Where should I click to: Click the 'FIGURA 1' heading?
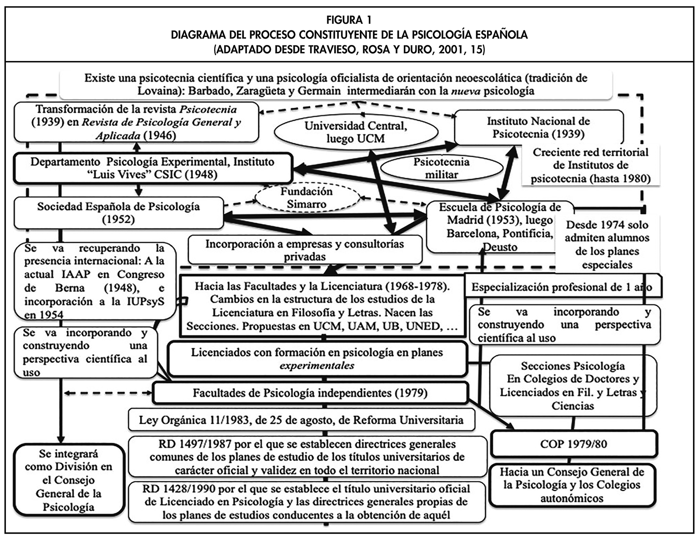coord(349,20)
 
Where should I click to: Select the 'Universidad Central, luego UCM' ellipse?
coord(356,132)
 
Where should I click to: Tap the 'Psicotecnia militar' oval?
coord(441,168)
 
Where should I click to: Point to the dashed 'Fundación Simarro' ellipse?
coord(306,198)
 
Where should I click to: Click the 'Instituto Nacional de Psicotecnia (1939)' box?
coord(538,127)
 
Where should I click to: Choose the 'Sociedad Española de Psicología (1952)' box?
coord(118,213)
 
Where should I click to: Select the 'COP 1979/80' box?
coord(573,444)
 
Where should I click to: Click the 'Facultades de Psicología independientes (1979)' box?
coord(310,393)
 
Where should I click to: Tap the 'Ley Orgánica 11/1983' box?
coord(301,420)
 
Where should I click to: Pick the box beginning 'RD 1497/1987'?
coord(307,456)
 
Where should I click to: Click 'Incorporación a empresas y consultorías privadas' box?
coord(305,250)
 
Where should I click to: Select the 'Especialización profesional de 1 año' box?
coord(562,287)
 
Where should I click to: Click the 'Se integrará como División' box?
coord(69,480)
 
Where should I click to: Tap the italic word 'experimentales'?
coord(317,366)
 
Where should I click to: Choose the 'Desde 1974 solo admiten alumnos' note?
coord(607,245)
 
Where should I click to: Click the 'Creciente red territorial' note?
coord(590,165)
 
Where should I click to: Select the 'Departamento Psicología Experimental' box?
coord(152,168)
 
